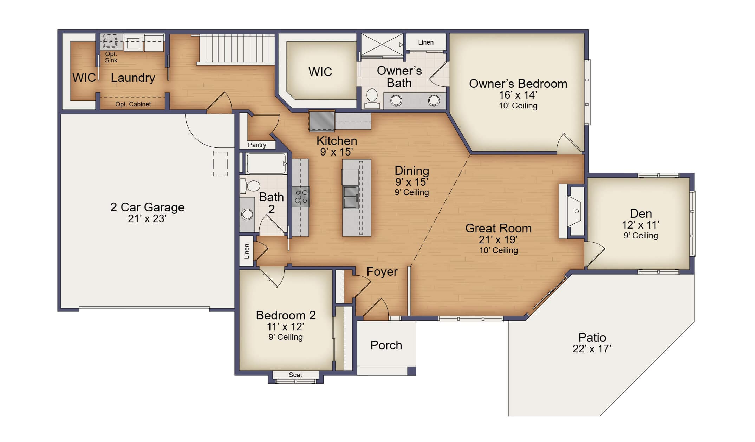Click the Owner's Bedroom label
518,84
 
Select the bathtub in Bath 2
266,164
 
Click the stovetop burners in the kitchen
301,197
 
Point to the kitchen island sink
350,197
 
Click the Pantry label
257,145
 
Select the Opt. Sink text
111,57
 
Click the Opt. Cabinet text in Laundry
133,104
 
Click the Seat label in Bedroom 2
295,375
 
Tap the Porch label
386,345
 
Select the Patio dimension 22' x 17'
592,349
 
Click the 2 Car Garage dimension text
147,219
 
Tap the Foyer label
382,271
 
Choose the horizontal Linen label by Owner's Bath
425,42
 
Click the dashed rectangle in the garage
220,164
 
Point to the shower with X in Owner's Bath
382,45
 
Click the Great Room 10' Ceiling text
498,250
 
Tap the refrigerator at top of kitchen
321,121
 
